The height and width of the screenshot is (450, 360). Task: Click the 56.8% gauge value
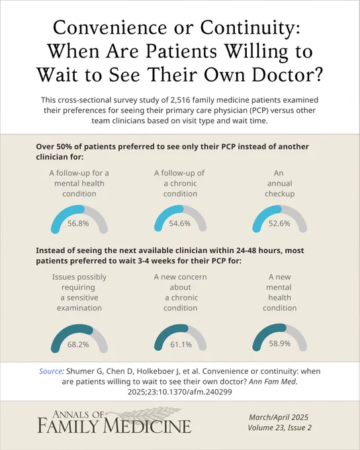tap(78, 223)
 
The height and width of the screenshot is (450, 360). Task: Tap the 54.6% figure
tap(180, 223)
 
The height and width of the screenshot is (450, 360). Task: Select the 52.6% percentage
tap(279, 223)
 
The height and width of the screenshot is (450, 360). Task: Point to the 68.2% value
tap(78, 344)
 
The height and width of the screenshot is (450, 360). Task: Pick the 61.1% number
tap(181, 344)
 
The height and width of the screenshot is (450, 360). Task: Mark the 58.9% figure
tap(280, 343)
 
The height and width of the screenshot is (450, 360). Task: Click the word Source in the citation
tap(50, 371)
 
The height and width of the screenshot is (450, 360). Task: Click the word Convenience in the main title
tap(110, 28)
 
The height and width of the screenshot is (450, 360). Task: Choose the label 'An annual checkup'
tap(280, 183)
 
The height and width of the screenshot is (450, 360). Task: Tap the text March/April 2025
tap(279, 418)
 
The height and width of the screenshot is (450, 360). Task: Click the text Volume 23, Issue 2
tap(280, 427)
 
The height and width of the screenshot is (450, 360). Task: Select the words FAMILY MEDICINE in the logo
tap(114, 426)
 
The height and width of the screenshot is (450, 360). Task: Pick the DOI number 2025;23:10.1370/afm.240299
tap(180, 392)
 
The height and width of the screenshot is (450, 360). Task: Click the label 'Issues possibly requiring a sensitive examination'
tap(79, 292)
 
